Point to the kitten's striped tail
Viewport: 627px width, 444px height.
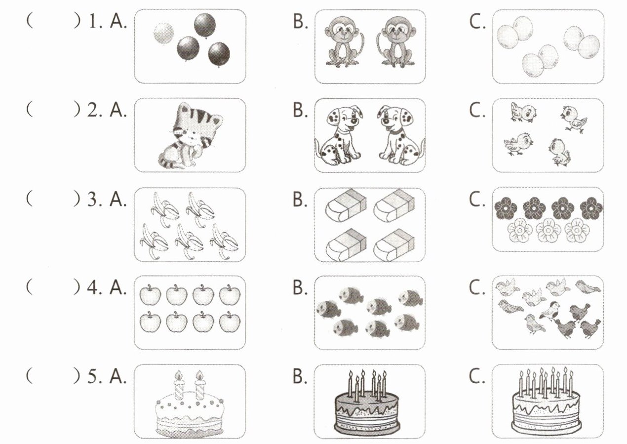pos(170,161)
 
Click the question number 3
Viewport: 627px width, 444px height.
pos(93,200)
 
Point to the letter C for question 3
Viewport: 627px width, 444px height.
pos(477,201)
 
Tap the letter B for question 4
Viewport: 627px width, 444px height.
pos(299,288)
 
